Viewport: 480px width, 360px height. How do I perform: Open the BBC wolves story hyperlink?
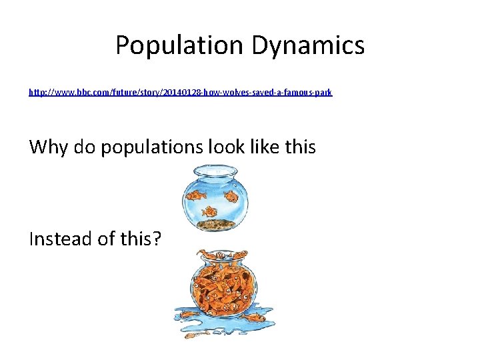click(180, 93)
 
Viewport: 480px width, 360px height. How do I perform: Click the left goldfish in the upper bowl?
click(195, 195)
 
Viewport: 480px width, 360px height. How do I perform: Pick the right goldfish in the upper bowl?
click(231, 196)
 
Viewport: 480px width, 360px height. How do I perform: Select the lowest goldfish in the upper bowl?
click(210, 211)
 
